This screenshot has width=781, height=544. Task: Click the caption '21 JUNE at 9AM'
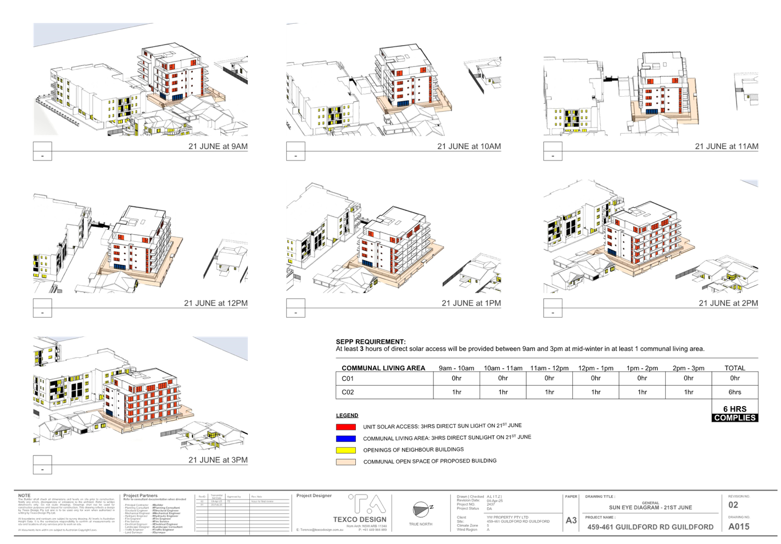tap(217, 147)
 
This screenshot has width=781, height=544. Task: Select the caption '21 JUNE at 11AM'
tap(726, 147)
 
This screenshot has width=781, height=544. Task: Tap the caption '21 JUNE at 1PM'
tap(471, 303)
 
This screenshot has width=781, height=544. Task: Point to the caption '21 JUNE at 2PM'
tap(728, 303)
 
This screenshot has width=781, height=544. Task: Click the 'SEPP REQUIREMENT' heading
tap(370, 342)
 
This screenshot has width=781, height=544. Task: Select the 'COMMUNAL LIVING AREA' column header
tap(383, 368)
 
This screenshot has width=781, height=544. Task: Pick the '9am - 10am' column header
tap(456, 368)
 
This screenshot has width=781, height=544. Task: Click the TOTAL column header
tap(734, 368)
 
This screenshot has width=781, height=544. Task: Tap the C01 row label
tap(347, 379)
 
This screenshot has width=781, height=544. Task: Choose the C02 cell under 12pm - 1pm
tap(596, 392)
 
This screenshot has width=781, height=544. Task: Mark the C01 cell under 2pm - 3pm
tap(688, 379)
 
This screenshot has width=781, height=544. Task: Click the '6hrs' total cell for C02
tap(734, 392)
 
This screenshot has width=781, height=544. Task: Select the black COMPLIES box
tap(735, 418)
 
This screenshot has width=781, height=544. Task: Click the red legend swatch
tap(346, 427)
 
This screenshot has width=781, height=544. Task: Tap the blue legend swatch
tap(346, 438)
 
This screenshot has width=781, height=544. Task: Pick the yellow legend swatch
tap(346, 450)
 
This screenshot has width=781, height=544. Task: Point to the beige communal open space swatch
tap(346, 462)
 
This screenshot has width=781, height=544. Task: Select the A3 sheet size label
tap(571, 520)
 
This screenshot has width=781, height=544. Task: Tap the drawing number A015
tap(739, 526)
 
